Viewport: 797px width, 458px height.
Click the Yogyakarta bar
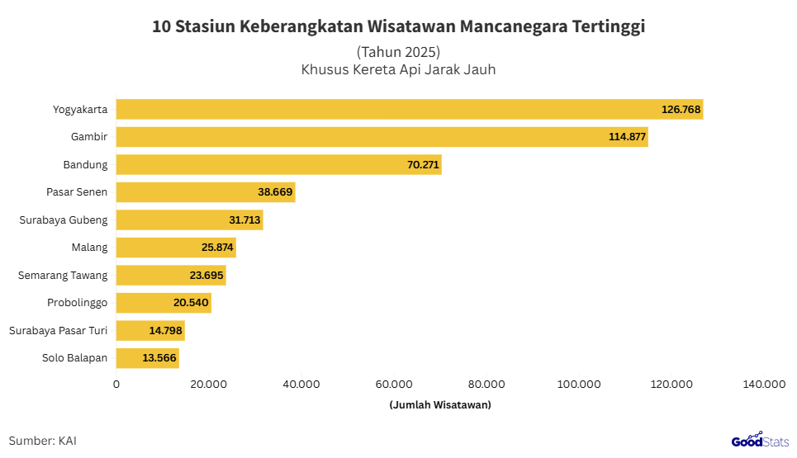tap(409, 109)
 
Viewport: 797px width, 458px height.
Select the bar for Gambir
tap(382, 137)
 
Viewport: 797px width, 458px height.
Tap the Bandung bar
tap(278, 164)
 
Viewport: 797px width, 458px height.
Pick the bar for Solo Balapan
tap(147, 358)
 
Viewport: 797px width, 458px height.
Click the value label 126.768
tap(681, 109)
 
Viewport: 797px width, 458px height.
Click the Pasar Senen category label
tap(77, 192)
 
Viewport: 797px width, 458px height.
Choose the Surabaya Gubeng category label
tap(64, 220)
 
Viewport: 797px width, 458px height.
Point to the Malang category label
tap(89, 248)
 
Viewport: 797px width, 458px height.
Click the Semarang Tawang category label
tap(63, 276)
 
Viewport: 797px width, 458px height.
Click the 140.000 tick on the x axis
tap(764, 384)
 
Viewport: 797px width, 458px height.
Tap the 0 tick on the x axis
tap(116, 384)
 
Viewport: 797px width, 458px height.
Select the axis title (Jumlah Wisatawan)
tap(439, 404)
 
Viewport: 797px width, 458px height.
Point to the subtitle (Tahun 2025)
tap(398, 51)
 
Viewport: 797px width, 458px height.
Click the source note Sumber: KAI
tap(43, 441)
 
